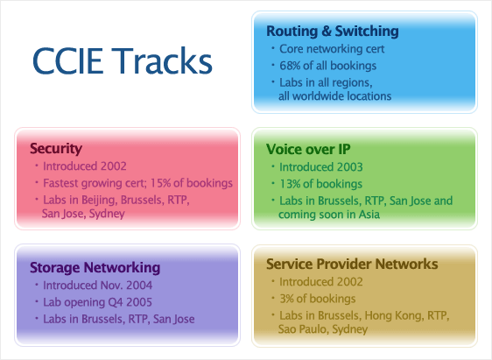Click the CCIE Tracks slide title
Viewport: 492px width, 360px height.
(123, 60)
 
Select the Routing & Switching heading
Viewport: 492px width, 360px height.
(333, 31)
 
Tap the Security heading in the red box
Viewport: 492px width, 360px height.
(56, 148)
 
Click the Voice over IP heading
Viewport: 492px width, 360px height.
(308, 149)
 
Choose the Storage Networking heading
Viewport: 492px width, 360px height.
(95, 268)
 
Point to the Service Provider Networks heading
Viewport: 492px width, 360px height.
(352, 264)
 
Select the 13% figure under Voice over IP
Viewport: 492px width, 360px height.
(290, 184)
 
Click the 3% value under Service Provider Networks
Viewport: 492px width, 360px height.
(286, 299)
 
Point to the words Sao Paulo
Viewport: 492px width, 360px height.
(304, 329)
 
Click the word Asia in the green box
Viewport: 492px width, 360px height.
(369, 215)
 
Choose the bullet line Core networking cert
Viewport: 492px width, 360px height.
(332, 49)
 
